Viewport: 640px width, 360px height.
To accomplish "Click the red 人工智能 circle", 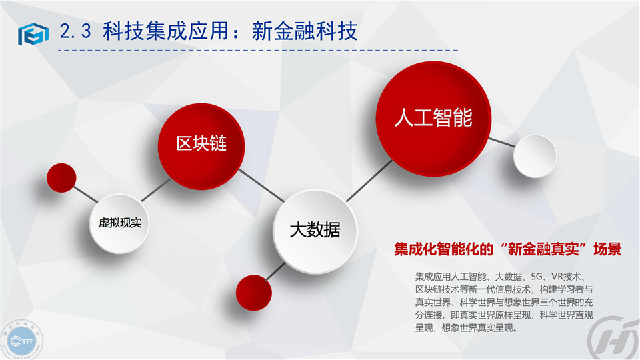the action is pyautogui.click(x=433, y=119).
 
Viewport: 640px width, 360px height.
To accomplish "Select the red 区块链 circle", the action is pyautogui.click(x=201, y=146).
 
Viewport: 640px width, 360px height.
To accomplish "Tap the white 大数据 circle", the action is pyautogui.click(x=315, y=231).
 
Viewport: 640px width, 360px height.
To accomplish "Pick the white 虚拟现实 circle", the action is pyautogui.click(x=119, y=223).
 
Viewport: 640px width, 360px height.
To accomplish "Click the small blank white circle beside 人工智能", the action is pyautogui.click(x=535, y=156).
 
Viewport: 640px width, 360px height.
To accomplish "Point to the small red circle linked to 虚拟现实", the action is pyautogui.click(x=61, y=177).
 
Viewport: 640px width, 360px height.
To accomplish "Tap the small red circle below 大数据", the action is pyautogui.click(x=254, y=293).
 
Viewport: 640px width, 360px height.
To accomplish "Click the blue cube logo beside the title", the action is pyautogui.click(x=33, y=34).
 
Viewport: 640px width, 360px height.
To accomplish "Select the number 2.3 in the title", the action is pyautogui.click(x=75, y=31).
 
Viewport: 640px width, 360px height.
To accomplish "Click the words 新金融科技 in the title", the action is pyautogui.click(x=305, y=31).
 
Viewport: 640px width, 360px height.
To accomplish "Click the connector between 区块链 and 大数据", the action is pyautogui.click(x=261, y=185).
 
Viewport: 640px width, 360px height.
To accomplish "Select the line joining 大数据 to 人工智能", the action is pyautogui.click(x=369, y=181).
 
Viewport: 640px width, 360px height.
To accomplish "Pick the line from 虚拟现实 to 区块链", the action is pyautogui.click(x=156, y=189).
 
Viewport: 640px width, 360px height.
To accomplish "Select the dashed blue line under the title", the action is pyautogui.click(x=258, y=51).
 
